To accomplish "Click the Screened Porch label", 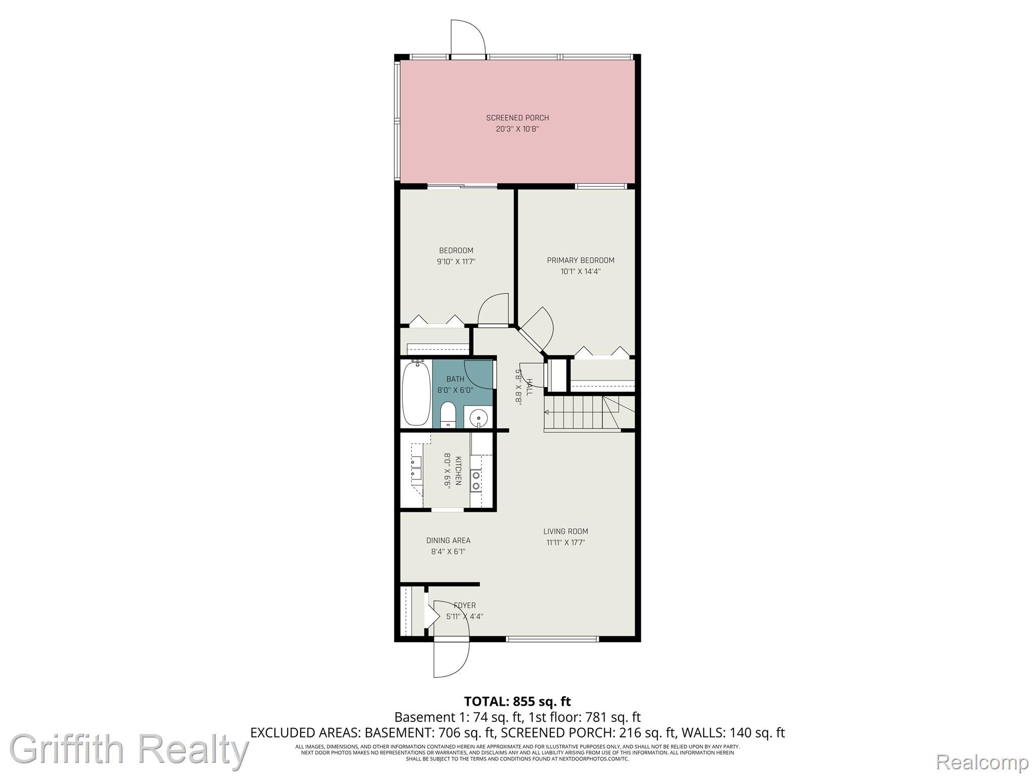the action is pos(517,118).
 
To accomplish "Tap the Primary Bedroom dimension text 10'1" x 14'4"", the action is pos(581,271).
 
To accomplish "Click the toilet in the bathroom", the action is pos(448,415).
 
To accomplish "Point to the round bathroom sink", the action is pos(478,418).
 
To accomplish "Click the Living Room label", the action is pos(566,531).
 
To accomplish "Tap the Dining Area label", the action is pos(448,540).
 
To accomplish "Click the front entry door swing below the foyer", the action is pos(451,659).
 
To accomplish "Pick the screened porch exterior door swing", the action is pos(468,36).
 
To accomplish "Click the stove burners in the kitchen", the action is pos(476,480).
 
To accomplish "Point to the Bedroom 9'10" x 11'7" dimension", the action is pos(456,261).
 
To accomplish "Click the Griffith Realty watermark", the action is pos(129,749).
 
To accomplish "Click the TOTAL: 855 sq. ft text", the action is pos(517,701).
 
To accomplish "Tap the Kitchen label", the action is pos(458,470).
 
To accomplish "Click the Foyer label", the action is pos(464,605).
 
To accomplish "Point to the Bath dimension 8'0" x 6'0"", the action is pos(455,390).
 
